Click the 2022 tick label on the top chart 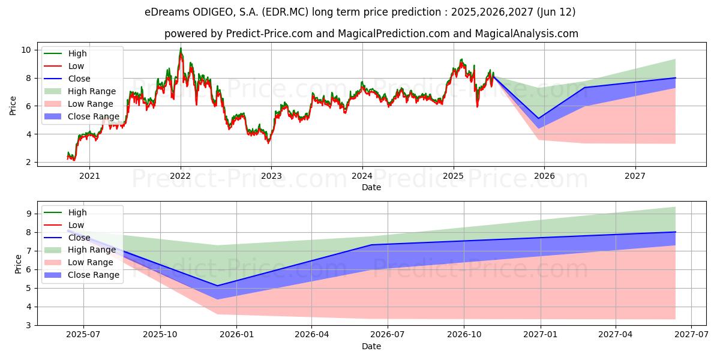click(x=181, y=176)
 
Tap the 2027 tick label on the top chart click(x=635, y=176)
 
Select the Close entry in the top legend click(x=79, y=79)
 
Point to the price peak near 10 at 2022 click(x=181, y=49)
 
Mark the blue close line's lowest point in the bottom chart click(x=217, y=286)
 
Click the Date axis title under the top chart click(x=371, y=187)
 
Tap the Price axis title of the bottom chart click(x=17, y=263)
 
